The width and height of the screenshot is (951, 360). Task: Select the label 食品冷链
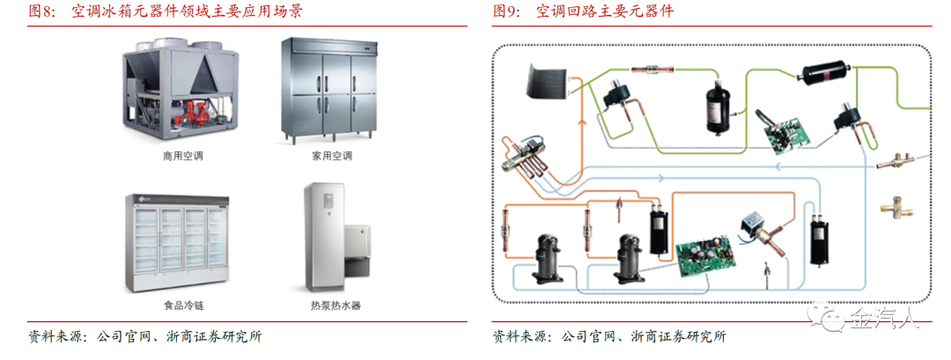(182, 306)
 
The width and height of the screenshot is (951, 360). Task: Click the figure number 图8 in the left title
(43, 12)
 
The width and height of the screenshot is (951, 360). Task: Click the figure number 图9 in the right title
(508, 12)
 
